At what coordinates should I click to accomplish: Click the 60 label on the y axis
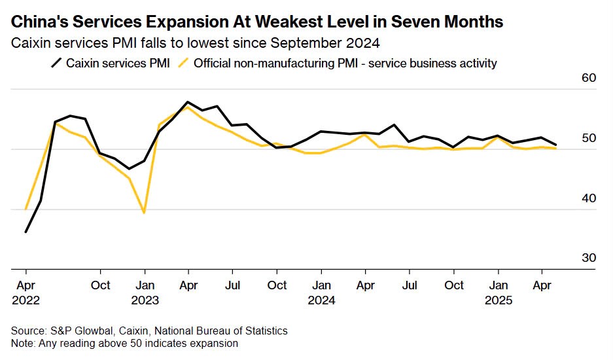(x=588, y=79)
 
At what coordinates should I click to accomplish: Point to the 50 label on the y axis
(x=588, y=139)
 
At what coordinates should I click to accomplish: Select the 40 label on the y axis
(x=588, y=198)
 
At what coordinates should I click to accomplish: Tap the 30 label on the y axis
(x=588, y=258)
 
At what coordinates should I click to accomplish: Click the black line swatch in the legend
(x=57, y=63)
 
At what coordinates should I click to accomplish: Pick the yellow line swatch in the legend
(x=185, y=63)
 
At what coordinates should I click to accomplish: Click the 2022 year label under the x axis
(x=26, y=301)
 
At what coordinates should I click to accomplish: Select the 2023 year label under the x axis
(x=145, y=301)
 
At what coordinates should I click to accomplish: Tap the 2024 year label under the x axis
(x=321, y=301)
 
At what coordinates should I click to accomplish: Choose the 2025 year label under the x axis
(x=499, y=301)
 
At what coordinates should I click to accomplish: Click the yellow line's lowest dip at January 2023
(x=144, y=213)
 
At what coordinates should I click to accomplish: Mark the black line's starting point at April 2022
(x=26, y=232)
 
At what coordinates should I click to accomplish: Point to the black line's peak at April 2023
(x=188, y=102)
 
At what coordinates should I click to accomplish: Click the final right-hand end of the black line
(x=556, y=145)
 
